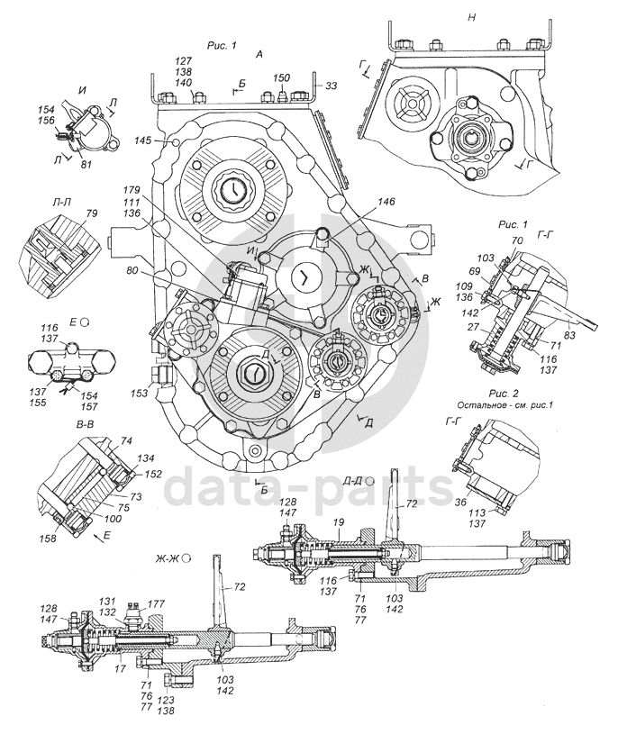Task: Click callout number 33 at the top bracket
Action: click(x=332, y=86)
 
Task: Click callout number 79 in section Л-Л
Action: click(x=66, y=214)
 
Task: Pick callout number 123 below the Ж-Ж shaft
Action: click(x=165, y=699)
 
